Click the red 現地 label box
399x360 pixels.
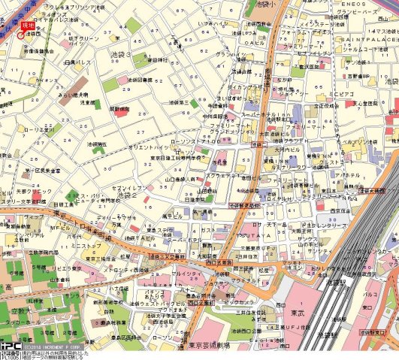click(28, 26)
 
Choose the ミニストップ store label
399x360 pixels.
click(85, 246)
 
